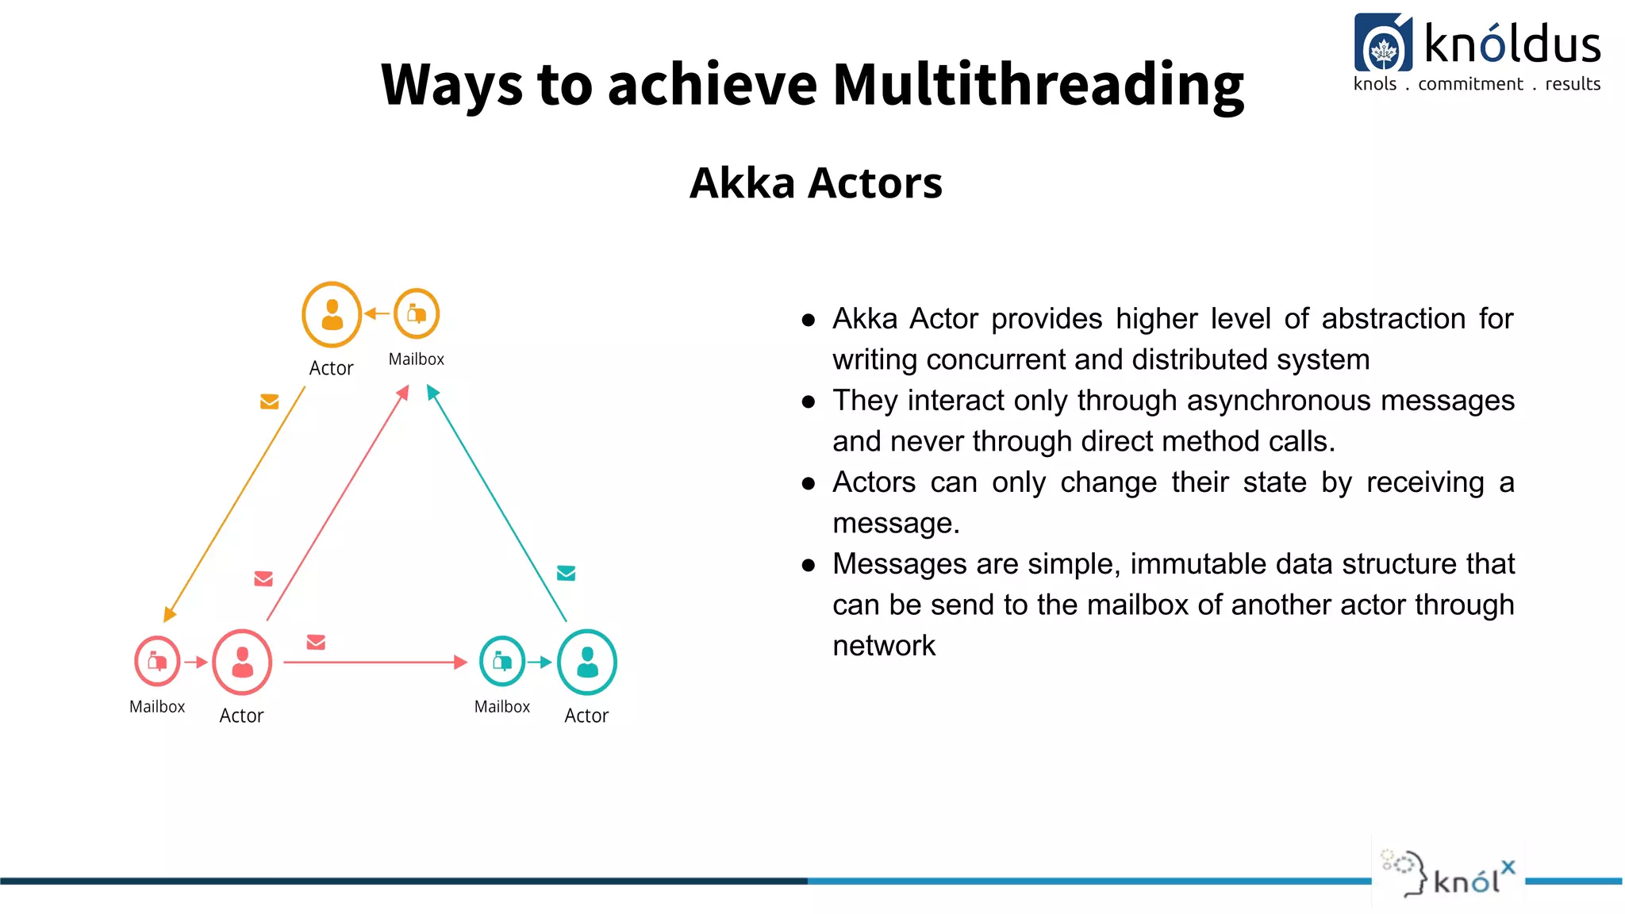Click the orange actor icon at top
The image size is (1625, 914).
tap(332, 315)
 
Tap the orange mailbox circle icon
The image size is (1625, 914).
tap(417, 314)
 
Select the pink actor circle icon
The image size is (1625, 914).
tap(242, 662)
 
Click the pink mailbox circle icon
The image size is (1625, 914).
tap(157, 661)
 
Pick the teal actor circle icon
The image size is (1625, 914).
tap(587, 662)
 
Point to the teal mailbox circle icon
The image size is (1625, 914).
tap(502, 661)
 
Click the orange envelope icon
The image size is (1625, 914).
tap(270, 402)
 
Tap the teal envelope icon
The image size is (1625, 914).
tap(566, 573)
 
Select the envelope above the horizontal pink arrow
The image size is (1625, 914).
tap(316, 642)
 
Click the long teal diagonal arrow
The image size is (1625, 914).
tap(497, 503)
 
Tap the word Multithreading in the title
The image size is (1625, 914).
tap(1038, 84)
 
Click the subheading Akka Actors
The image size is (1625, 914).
tap(816, 183)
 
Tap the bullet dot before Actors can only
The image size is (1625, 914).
tap(809, 483)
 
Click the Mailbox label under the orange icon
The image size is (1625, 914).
tap(417, 359)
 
